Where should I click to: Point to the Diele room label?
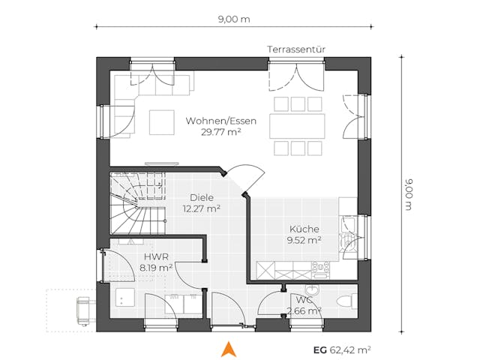pos(201,199)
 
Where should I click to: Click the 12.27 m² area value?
pos(201,209)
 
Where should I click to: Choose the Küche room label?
pos(304,229)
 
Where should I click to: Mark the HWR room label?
pos(155,256)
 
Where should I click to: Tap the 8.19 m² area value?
pos(155,266)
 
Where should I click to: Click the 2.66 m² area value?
pos(304,310)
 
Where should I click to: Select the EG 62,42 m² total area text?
pos(342,349)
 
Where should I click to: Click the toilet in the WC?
pos(346,301)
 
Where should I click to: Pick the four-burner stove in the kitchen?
pos(320,266)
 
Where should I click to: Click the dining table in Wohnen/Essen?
pos(298,124)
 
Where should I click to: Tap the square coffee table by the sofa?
pos(160,121)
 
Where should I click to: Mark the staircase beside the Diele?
pos(137,202)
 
